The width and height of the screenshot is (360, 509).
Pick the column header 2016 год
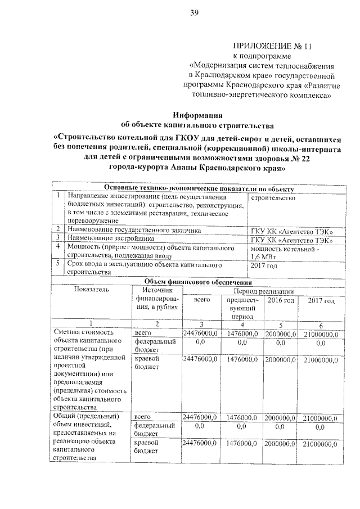pos(280,301)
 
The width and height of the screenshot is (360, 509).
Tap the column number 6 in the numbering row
pos(321,325)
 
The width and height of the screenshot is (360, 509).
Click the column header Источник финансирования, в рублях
pos(156,298)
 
